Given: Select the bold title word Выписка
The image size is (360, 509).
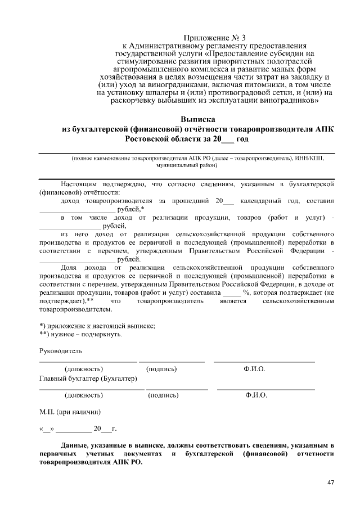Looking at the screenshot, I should click(197, 120).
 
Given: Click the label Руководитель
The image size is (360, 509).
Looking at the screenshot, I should click(61, 351).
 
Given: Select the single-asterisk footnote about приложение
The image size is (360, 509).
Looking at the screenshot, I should click(97, 326).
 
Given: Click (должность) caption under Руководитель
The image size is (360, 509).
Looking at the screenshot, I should click(84, 369).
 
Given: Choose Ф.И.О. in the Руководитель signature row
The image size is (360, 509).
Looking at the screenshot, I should click(254, 369).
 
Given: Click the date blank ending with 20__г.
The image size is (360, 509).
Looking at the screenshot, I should click(78, 429).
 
